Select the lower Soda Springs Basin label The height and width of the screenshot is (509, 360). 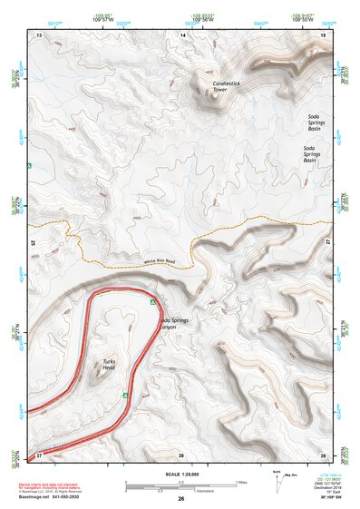point(315,154)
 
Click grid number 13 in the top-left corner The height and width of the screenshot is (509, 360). point(39,34)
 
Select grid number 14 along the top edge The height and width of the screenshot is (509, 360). point(182,34)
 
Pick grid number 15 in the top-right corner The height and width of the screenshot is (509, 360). point(324,34)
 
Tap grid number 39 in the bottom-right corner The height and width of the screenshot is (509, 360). point(324,454)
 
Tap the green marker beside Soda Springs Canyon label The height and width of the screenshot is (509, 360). point(153,300)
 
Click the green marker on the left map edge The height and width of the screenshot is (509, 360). point(30,166)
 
